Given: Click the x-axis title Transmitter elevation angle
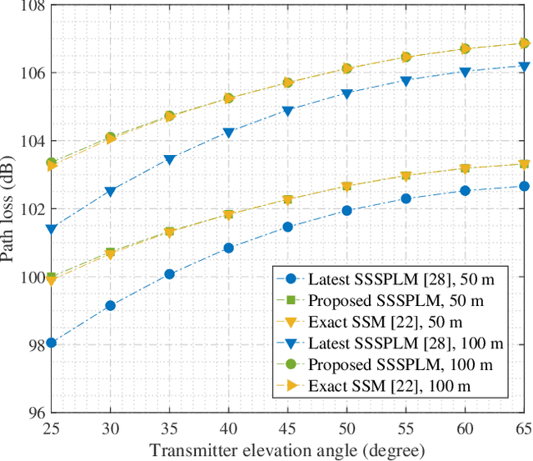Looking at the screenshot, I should [287, 449].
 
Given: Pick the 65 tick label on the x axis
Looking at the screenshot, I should [522, 428].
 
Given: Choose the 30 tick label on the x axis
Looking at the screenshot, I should [110, 428].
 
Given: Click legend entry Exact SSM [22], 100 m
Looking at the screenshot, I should [387, 387].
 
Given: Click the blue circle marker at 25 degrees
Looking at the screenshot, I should [51, 343].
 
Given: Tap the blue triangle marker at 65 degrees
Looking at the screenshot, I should [524, 67].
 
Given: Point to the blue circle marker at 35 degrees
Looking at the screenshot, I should [169, 274].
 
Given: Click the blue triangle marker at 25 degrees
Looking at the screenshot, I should [51, 229].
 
